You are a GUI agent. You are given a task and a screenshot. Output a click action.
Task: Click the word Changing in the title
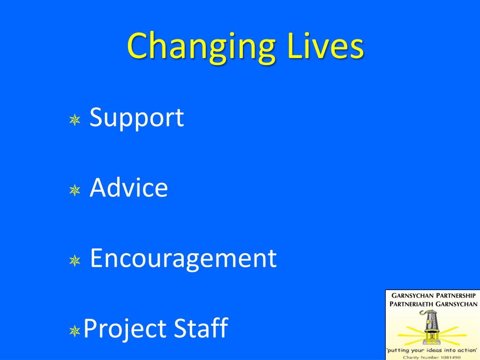click(x=201, y=47)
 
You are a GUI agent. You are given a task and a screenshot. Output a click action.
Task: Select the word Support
click(x=136, y=118)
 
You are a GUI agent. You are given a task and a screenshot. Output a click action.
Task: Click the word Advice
click(x=128, y=188)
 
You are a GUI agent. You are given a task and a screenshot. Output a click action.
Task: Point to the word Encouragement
click(x=183, y=259)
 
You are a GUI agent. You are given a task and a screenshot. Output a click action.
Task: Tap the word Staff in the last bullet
click(x=201, y=328)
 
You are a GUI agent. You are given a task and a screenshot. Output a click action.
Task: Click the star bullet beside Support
click(x=74, y=120)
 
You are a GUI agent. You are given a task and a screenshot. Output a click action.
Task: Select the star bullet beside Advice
click(x=74, y=190)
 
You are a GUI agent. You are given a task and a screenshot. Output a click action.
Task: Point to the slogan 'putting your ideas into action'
click(x=432, y=350)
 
